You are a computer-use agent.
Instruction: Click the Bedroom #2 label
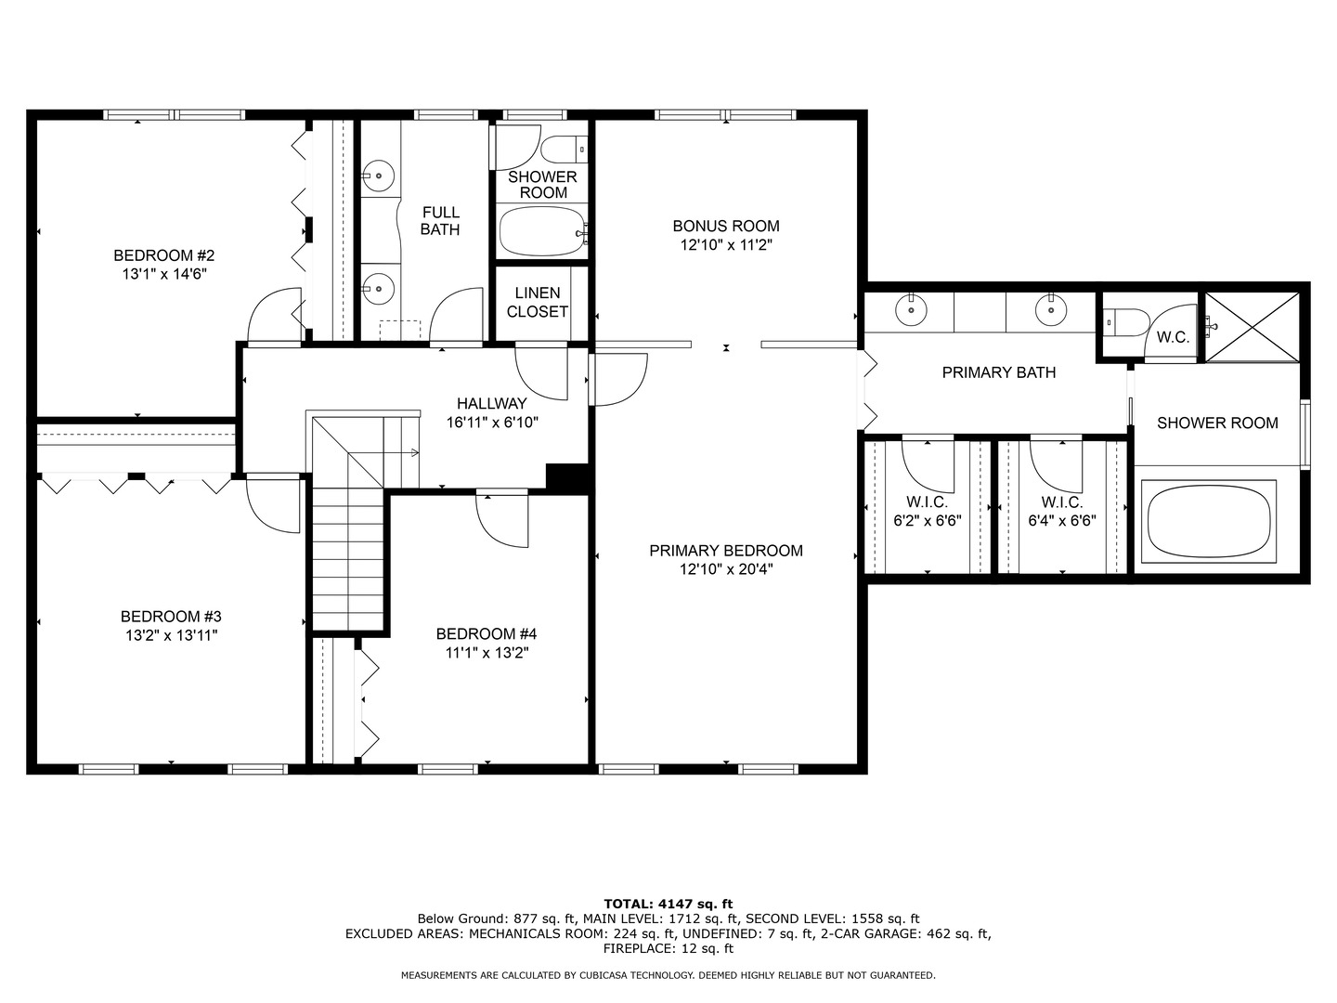click(163, 255)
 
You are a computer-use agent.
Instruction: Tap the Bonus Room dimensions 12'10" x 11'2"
click(726, 245)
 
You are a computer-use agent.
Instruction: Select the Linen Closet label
click(538, 302)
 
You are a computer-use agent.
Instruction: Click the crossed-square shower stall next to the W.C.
click(1253, 327)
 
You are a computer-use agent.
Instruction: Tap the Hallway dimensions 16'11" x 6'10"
click(492, 422)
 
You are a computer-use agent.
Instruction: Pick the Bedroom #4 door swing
click(502, 518)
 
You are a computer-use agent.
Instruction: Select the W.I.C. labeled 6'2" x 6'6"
click(928, 512)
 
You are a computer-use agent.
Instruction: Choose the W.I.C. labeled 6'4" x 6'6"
click(1062, 512)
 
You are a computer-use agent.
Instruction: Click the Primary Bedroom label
click(726, 551)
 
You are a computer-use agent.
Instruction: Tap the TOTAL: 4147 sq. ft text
click(668, 904)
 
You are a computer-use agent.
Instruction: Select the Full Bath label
click(440, 221)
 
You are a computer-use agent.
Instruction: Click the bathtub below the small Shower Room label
click(542, 231)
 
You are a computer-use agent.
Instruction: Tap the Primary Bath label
click(999, 372)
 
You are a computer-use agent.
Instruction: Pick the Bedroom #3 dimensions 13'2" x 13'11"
click(172, 635)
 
